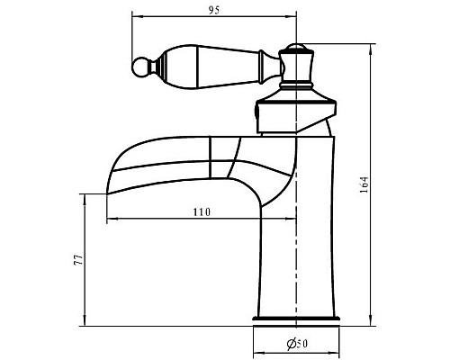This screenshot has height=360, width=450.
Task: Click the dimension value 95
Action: coord(214,10)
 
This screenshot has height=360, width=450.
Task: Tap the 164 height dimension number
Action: coord(364,184)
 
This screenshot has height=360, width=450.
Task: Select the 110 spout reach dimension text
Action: coord(202,212)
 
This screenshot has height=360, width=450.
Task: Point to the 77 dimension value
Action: coord(78,260)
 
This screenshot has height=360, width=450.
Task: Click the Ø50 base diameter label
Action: coord(297,344)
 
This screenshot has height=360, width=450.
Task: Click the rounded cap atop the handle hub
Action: coord(296,47)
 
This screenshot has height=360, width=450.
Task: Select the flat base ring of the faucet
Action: coord(296,319)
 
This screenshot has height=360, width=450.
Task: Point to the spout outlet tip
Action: coord(107,194)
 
